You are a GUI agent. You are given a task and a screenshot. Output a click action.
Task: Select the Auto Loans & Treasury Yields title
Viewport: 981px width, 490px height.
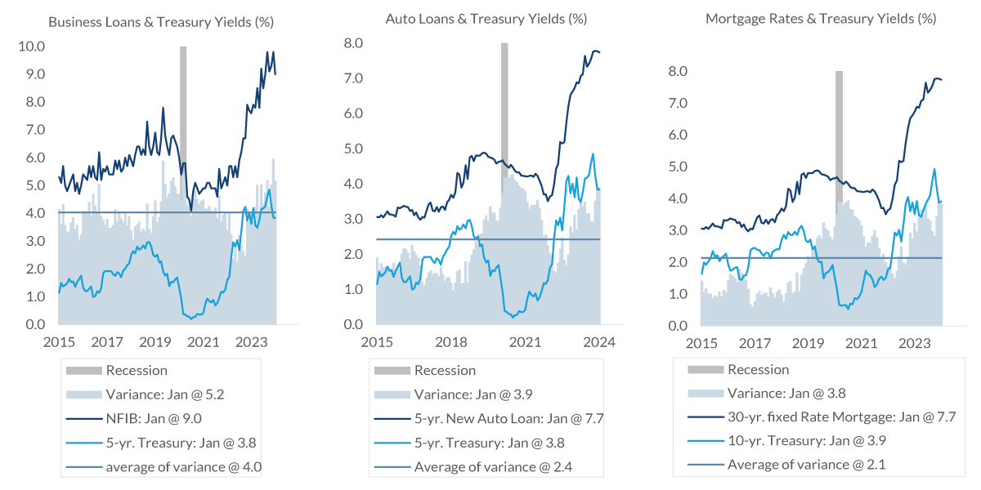[486, 18]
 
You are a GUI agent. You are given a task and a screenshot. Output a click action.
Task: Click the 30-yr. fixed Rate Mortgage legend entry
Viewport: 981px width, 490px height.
[841, 417]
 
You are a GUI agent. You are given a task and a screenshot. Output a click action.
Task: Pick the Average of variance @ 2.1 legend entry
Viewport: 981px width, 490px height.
[805, 465]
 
